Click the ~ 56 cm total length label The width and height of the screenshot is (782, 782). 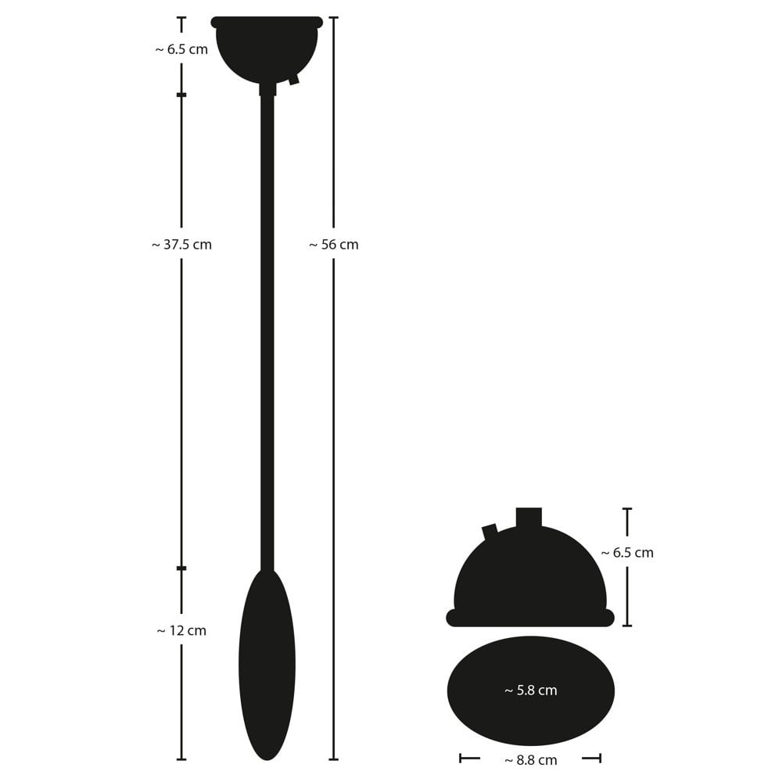pos(334,244)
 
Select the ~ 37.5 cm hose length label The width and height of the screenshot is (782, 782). pos(181,244)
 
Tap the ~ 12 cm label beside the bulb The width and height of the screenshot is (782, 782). pos(181,630)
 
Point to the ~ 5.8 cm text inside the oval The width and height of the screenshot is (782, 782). pos(531,691)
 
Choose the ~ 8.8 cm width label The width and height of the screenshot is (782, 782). pos(531,760)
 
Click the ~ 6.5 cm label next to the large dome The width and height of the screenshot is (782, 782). pos(627,553)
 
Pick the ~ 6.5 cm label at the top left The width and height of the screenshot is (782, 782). pos(181,49)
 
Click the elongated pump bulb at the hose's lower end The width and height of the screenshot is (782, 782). pos(267,664)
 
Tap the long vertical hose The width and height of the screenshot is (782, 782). pos(267,332)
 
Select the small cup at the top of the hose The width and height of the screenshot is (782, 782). pos(267,50)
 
